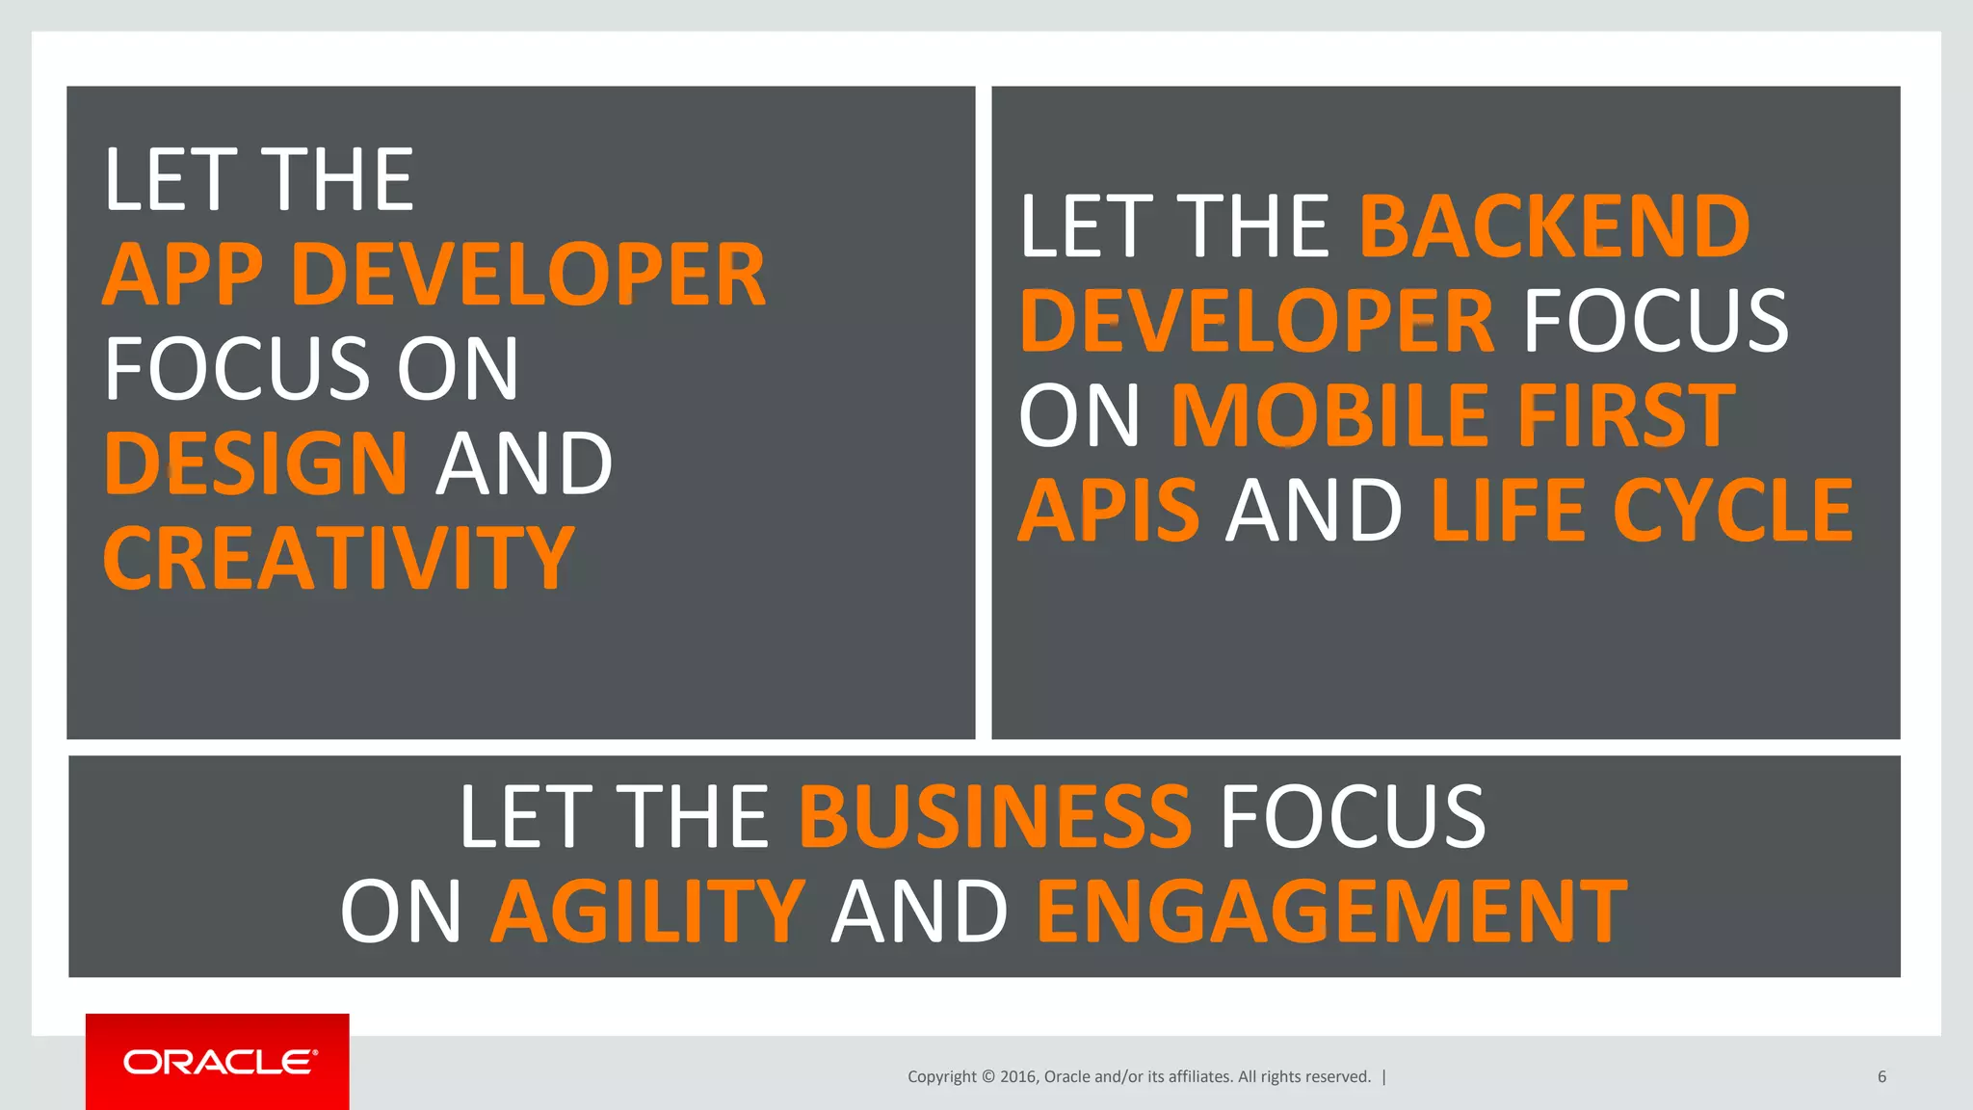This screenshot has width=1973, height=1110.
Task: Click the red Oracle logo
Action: click(218, 1062)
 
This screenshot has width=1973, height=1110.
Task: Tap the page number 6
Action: click(1881, 1077)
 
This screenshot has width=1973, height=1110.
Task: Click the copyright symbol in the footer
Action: click(987, 1077)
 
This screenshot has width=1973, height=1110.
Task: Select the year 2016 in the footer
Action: click(1018, 1077)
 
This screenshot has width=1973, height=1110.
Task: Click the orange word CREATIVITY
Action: click(338, 558)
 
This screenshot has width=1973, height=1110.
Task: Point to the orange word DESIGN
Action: click(255, 463)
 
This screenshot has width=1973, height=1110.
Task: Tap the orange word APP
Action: click(182, 275)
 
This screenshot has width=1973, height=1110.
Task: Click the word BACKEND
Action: click(1554, 226)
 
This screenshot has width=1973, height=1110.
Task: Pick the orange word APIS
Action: click(1109, 510)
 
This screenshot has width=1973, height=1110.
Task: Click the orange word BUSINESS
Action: click(995, 816)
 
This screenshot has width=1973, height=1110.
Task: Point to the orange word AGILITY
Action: click(647, 911)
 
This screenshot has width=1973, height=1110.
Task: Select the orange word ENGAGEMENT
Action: click(1331, 911)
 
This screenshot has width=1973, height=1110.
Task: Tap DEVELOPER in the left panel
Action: click(528, 275)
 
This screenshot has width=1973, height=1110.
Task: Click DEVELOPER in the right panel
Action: click(1256, 321)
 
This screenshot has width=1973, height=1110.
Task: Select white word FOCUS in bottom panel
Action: click(1353, 816)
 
